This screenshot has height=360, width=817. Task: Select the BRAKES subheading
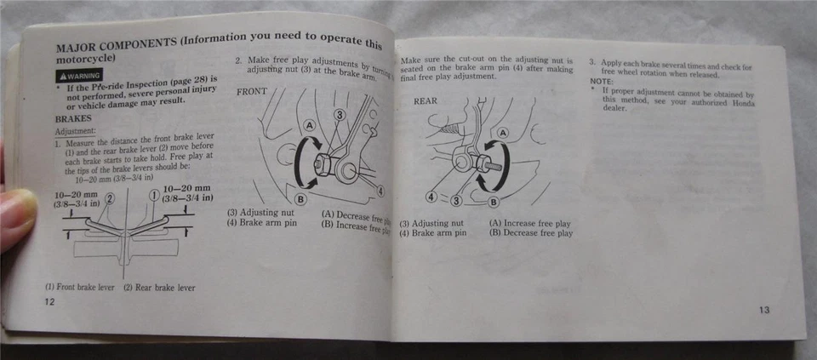pyautogui.click(x=73, y=119)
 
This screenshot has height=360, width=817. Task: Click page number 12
pyautogui.click(x=50, y=303)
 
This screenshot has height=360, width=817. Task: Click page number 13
pyautogui.click(x=763, y=310)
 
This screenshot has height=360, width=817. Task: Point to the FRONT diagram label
pyautogui.click(x=252, y=90)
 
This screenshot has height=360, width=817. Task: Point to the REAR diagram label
pyautogui.click(x=426, y=100)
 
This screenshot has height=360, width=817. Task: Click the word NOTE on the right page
pyautogui.click(x=602, y=81)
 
